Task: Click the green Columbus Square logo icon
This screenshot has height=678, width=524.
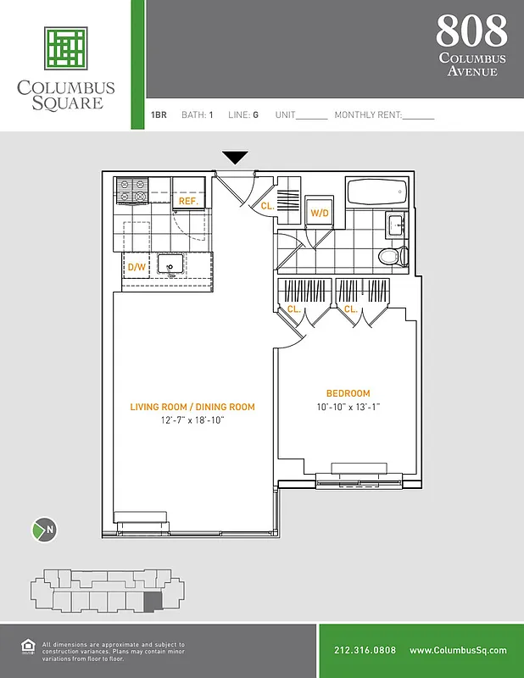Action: tap(66, 48)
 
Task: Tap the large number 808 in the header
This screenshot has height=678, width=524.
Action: tap(471, 31)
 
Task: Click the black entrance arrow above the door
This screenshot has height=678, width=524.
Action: tap(235, 158)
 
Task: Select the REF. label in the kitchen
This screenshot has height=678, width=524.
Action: tap(188, 203)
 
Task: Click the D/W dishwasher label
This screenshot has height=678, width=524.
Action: tap(136, 267)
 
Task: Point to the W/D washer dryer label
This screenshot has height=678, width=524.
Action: tap(320, 213)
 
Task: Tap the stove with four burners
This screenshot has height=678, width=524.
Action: tap(132, 192)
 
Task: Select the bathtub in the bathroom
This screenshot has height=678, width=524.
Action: tap(379, 192)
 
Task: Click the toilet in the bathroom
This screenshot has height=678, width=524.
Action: tap(391, 255)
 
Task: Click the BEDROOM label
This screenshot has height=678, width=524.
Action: tap(348, 393)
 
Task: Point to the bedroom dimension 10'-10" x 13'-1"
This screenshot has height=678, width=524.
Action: tap(348, 407)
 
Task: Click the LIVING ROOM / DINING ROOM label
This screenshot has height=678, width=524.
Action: tap(192, 407)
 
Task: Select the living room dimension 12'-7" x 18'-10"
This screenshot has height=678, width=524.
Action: tap(192, 420)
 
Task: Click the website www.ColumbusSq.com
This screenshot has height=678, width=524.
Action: tap(458, 651)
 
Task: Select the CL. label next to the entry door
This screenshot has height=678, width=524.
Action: tap(266, 206)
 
